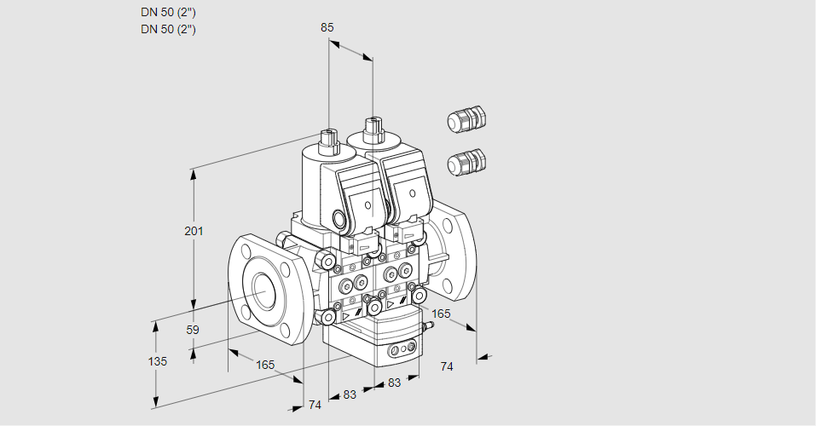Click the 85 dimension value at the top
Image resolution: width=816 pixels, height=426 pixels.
click(327, 27)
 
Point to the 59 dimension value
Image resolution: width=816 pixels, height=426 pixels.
click(193, 330)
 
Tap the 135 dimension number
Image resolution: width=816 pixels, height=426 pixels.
click(157, 361)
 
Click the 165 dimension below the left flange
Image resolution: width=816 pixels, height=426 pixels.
click(265, 365)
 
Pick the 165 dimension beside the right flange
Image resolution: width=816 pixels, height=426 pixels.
click(440, 314)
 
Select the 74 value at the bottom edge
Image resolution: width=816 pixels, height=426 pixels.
click(315, 405)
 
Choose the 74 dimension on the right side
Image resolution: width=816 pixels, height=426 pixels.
click(447, 366)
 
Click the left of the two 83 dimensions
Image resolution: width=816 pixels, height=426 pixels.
click(350, 394)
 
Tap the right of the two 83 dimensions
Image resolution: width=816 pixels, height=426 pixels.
click(394, 383)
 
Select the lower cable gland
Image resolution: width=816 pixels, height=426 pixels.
click(466, 162)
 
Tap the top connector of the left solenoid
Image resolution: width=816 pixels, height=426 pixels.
click(328, 139)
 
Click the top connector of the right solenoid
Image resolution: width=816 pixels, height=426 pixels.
click(373, 130)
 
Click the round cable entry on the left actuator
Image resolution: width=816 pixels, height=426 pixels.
click(344, 219)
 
